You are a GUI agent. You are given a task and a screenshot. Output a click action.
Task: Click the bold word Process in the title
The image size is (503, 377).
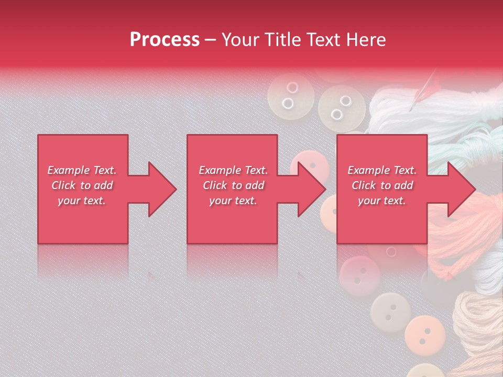(165, 40)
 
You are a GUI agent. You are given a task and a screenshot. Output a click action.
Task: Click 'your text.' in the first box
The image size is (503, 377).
(82, 201)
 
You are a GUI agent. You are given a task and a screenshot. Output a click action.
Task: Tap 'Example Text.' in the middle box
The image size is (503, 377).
(233, 170)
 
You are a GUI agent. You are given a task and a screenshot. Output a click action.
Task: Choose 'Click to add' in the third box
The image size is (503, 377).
(382, 185)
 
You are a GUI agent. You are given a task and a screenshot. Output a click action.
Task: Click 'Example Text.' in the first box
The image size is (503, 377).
(82, 170)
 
